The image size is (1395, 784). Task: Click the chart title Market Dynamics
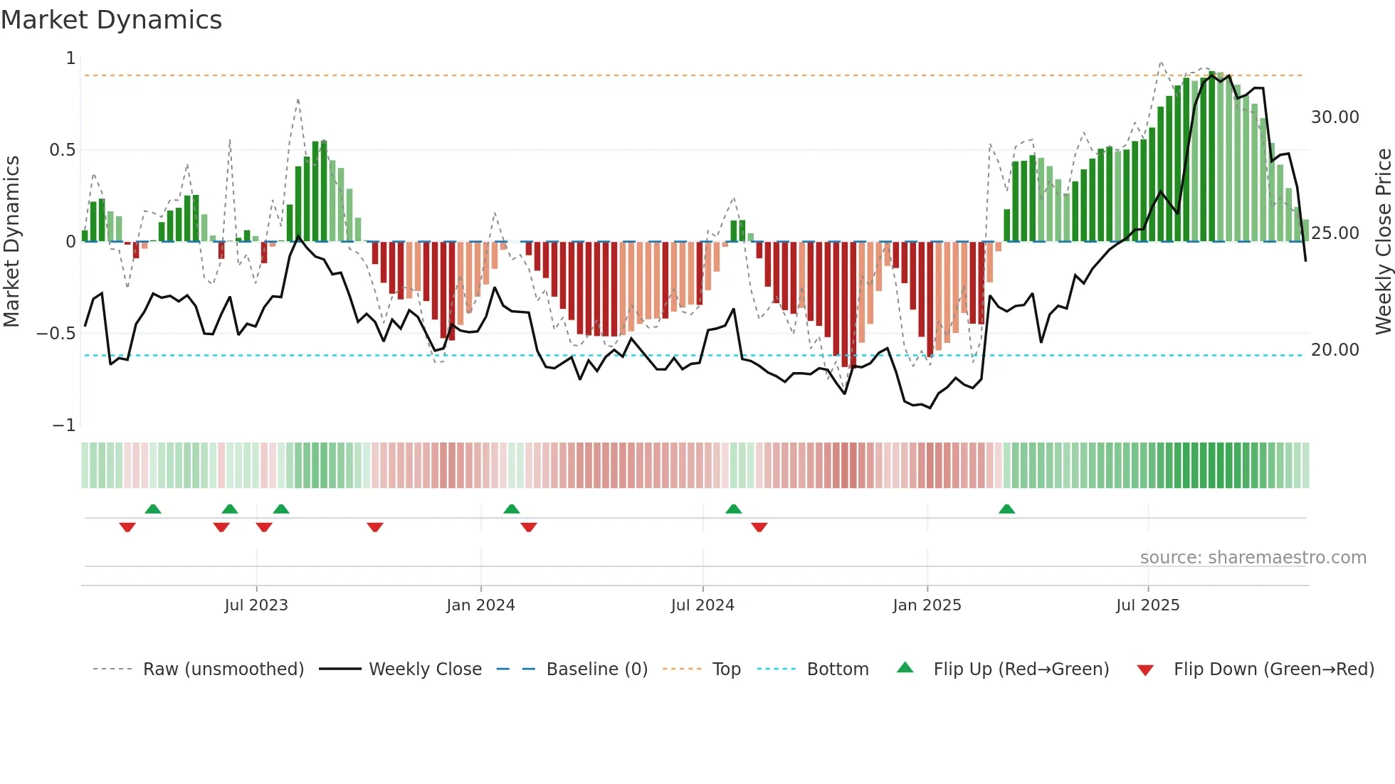tap(111, 20)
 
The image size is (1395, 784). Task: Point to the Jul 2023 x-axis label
tap(256, 605)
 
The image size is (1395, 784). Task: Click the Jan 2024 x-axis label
tap(480, 605)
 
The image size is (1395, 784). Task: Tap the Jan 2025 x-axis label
tap(927, 605)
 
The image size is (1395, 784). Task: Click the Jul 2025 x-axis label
tap(1147, 605)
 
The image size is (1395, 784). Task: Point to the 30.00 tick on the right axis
tap(1335, 117)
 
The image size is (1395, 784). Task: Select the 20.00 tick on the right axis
tap(1335, 350)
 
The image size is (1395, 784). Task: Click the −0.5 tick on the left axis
tap(56, 334)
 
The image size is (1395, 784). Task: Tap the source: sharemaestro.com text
tap(1253, 558)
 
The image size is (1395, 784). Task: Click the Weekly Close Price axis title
tap(1383, 241)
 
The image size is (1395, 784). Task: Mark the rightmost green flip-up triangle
tap(1006, 509)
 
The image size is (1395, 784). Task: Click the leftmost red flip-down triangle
tap(127, 527)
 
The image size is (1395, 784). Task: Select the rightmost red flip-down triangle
tap(759, 527)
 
